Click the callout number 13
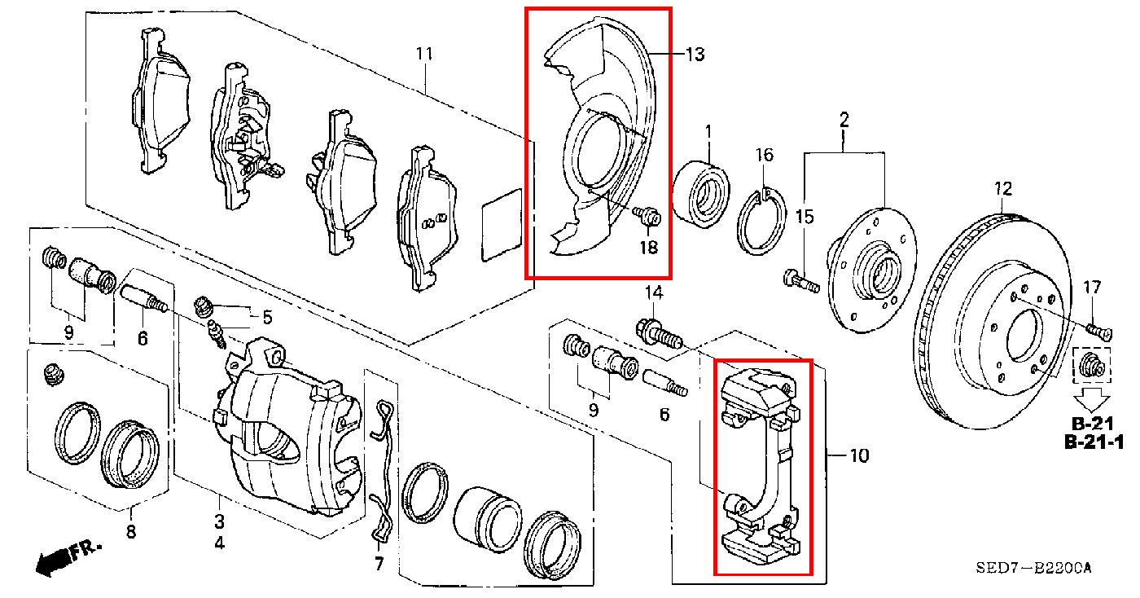(695, 54)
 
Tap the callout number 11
(424, 53)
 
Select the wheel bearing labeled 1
(701, 194)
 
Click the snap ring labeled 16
(761, 221)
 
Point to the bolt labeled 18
(647, 216)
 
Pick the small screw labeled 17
(1099, 331)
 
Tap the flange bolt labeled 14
(658, 334)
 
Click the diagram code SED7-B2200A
(1033, 567)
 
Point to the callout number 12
(1003, 189)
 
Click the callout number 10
(859, 455)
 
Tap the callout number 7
(379, 564)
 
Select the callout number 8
(131, 532)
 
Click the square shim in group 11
(502, 225)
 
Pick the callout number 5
(267, 318)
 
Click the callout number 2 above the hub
(844, 120)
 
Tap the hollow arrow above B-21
(1093, 399)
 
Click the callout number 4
(219, 543)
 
